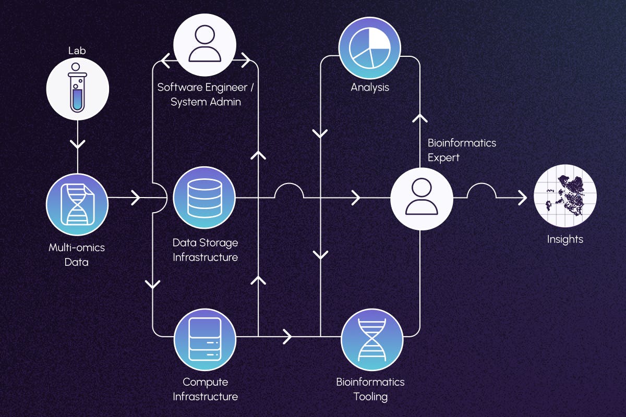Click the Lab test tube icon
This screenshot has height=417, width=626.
(x=77, y=88)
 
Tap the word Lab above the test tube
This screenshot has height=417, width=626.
(x=77, y=51)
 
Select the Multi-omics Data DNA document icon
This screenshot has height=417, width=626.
(x=77, y=204)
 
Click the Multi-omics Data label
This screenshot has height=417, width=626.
(x=77, y=254)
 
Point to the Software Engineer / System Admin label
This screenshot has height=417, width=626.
(x=206, y=94)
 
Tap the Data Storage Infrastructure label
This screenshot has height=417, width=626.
(x=205, y=250)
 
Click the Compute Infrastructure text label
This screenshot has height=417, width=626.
(x=205, y=389)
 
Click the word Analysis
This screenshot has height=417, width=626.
(x=370, y=87)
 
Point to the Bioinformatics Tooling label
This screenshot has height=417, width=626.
(x=370, y=389)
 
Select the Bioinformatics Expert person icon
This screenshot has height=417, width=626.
(x=422, y=199)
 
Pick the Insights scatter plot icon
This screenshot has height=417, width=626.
(x=565, y=198)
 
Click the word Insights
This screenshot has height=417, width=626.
(x=565, y=240)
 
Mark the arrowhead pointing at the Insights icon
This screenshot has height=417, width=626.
(x=522, y=198)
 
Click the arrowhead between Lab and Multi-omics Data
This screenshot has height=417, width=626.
(x=77, y=141)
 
